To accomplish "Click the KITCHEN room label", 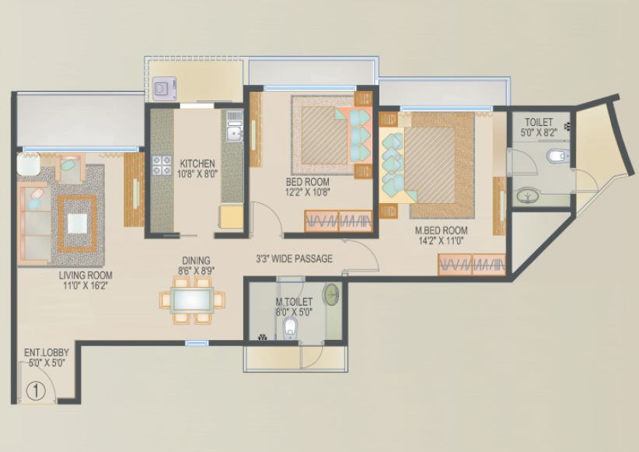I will pyautogui.click(x=197, y=163).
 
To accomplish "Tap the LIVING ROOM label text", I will pyautogui.click(x=86, y=275).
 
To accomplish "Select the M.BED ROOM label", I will pyautogui.click(x=441, y=230).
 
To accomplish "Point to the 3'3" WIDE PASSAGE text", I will pyautogui.click(x=294, y=258).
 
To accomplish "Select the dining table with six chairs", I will pyautogui.click(x=191, y=300).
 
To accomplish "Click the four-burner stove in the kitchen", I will pyautogui.click(x=162, y=165).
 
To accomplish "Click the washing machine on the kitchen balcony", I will pyautogui.click(x=163, y=89).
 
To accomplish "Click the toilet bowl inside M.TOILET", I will pyautogui.click(x=290, y=328).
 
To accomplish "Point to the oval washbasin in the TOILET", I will pyautogui.click(x=526, y=196).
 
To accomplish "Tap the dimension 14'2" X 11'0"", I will pyautogui.click(x=440, y=241).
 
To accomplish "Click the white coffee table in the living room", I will pyautogui.click(x=78, y=223).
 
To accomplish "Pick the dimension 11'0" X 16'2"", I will pyautogui.click(x=85, y=286).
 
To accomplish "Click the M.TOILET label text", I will pyautogui.click(x=294, y=300).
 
